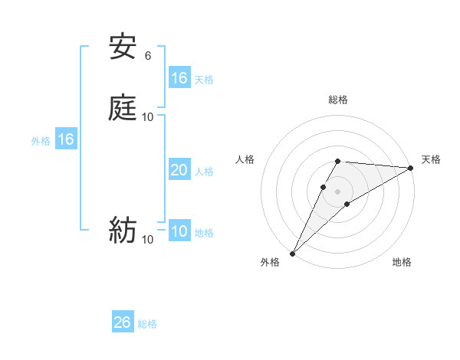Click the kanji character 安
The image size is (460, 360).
coord(122,48)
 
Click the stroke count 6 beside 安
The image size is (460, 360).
coord(148,56)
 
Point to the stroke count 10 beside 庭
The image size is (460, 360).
coord(148,116)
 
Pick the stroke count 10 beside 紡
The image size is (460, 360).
coord(148,239)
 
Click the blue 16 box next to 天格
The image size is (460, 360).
coord(179,78)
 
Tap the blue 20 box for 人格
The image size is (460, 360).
coord(179,171)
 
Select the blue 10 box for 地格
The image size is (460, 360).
coord(179,232)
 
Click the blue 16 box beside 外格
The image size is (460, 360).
coord(66,140)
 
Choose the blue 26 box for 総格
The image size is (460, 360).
coord(123,322)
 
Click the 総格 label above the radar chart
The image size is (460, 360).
coord(338,100)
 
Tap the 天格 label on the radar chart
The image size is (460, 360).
coord(431,159)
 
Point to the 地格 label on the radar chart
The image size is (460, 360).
coord(402,263)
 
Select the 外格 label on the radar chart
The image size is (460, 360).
coord(270,263)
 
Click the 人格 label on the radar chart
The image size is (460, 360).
coord(245,159)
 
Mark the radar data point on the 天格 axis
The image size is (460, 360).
coord(411,168)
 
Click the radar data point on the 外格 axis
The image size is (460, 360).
coord(292,254)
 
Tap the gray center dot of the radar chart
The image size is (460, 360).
coord(338,191)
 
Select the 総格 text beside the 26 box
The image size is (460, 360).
coord(147,324)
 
